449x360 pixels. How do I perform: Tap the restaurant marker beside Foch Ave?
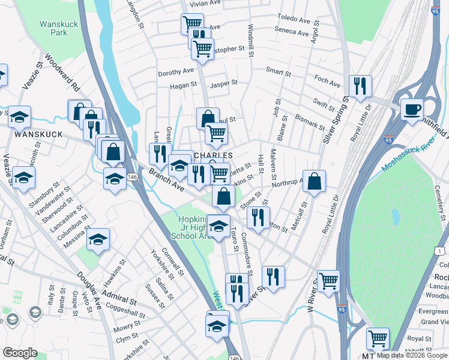360,86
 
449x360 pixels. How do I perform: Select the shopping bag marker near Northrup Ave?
314,180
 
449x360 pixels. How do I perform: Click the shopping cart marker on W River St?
328,280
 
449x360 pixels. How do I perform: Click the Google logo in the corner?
20,353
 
